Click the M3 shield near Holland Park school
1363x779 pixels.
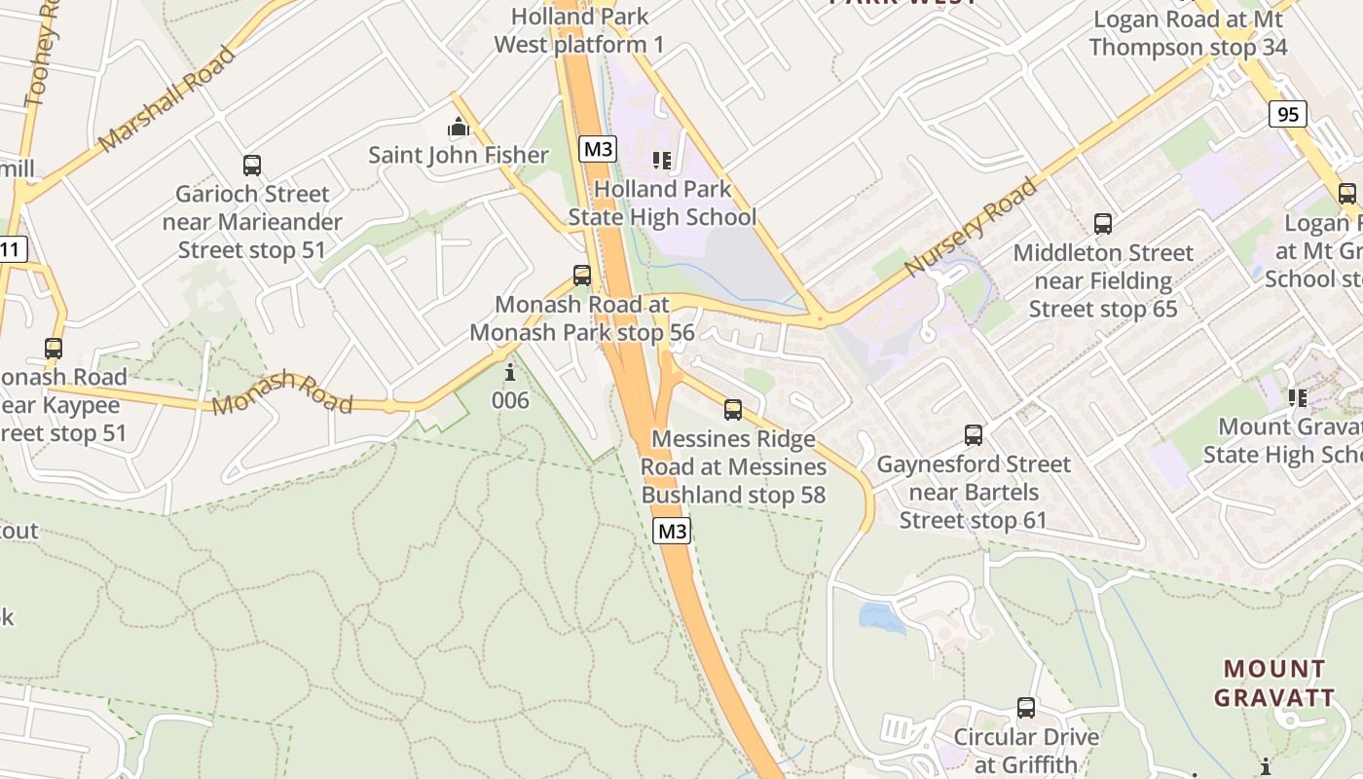coord(598,149)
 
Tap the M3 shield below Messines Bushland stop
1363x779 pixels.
coord(672,531)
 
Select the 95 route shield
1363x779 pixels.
coord(1287,114)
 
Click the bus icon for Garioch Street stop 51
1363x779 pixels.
coord(252,166)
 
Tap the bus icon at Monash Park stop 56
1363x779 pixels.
coord(582,276)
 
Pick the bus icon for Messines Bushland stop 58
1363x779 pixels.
coord(733,410)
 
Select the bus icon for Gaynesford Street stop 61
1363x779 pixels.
coord(974,435)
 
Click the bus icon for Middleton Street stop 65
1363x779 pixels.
coord(1103,224)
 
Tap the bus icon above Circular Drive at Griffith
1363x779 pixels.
coord(1026,708)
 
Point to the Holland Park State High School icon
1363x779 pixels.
coord(662,161)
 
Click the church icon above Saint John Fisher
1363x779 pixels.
coord(458,128)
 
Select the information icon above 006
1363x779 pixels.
coord(509,373)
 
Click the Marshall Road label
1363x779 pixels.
coord(167,98)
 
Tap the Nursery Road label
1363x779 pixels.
coord(970,227)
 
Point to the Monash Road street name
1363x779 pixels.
coord(282,391)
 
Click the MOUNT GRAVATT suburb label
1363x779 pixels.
coord(1274,683)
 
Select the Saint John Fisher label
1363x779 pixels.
coord(459,155)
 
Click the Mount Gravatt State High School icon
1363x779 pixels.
coord(1297,397)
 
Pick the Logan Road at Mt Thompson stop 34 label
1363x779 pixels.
coord(1189,33)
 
